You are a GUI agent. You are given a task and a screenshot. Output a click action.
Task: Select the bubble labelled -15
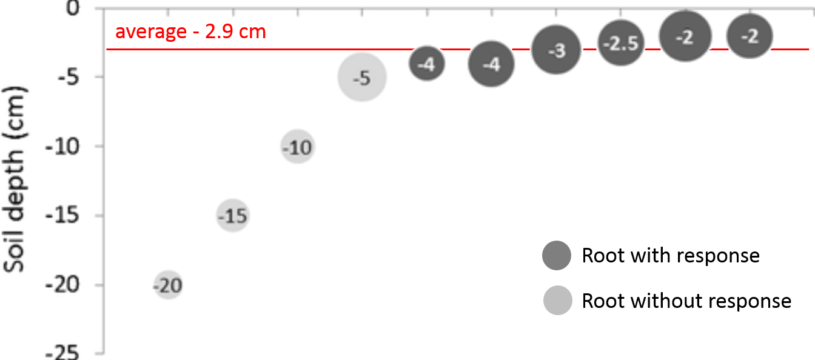[233, 216]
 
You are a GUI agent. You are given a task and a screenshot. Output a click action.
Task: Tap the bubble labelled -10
[298, 147]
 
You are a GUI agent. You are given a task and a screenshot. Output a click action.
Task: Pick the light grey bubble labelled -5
[362, 77]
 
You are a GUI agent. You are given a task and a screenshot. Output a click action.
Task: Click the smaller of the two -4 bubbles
[427, 64]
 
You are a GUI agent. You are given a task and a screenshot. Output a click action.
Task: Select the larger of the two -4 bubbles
[491, 64]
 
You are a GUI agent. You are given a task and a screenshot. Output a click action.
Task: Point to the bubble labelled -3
[556, 50]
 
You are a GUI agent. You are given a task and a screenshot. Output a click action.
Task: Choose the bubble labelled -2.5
[621, 43]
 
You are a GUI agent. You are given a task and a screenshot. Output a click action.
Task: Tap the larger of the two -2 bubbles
[685, 36]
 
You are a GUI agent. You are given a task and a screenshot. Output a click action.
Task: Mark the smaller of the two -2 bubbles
[750, 36]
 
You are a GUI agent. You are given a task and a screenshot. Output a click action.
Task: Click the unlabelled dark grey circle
[557, 255]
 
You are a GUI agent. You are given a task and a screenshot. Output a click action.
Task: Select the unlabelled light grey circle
[558, 301]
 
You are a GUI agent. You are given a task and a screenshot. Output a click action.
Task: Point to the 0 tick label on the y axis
[72, 8]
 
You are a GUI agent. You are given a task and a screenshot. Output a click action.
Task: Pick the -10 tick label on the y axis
[63, 146]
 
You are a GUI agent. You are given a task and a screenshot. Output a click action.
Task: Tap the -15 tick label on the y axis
[63, 215]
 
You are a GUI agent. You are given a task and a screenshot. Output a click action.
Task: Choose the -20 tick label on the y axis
[63, 284]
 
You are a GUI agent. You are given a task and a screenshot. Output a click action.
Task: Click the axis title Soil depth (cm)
[17, 179]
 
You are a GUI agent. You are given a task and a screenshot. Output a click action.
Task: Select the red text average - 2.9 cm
[190, 32]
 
